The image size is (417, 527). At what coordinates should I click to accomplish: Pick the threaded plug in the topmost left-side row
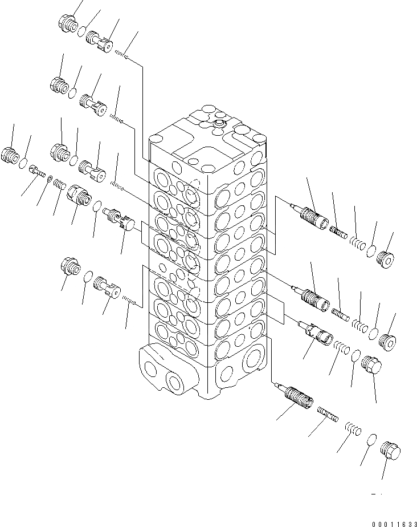click(x=68, y=24)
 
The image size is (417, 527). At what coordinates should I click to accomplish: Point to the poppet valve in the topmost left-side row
click(x=99, y=41)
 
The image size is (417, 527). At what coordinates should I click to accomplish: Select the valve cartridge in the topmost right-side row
click(x=310, y=216)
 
